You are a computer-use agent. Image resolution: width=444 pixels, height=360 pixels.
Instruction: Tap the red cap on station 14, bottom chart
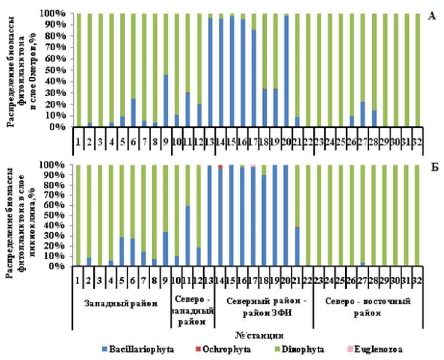[220, 167]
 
